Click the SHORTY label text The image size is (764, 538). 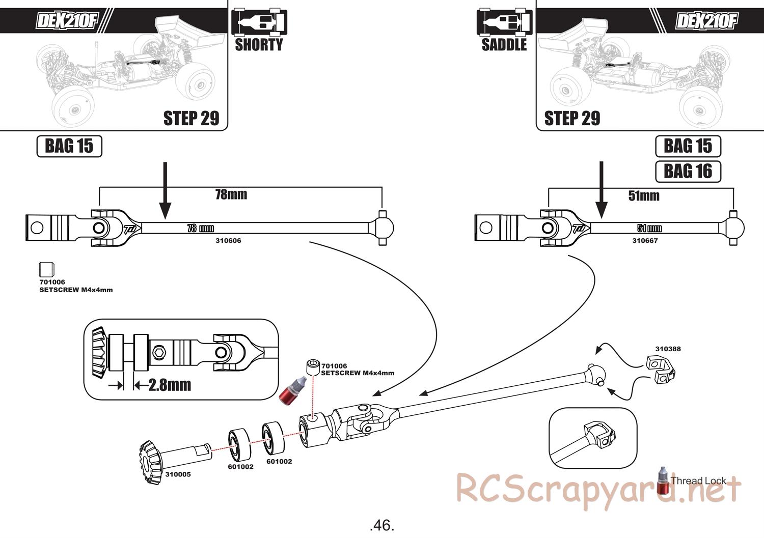(259, 45)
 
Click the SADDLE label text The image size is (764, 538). (504, 45)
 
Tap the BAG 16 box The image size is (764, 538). (688, 171)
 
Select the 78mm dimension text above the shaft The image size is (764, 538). (231, 194)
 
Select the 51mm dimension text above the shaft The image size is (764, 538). (644, 195)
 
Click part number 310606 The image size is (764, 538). (228, 241)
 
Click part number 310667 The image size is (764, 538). (645, 241)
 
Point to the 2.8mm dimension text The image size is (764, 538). (170, 385)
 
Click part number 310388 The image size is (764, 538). (668, 349)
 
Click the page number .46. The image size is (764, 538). (382, 525)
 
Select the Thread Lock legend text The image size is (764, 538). (698, 480)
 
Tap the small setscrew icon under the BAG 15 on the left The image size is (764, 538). (46, 270)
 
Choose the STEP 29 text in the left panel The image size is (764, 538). (191, 118)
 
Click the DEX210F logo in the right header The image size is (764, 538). (706, 21)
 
